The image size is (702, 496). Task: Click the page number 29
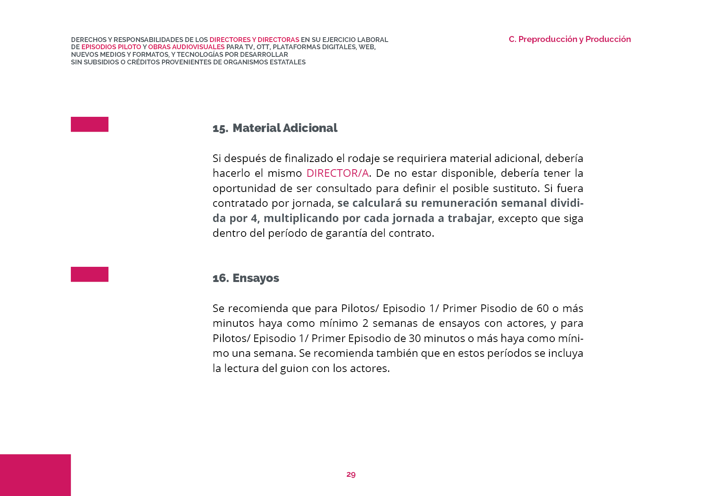pos(351,474)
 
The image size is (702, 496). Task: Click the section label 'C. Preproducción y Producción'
pos(570,39)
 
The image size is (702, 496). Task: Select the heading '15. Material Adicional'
pos(275,128)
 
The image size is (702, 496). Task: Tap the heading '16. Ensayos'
pos(246,278)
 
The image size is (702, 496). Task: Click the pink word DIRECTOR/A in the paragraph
pos(337,173)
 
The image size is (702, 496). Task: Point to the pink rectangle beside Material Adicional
pos(90,124)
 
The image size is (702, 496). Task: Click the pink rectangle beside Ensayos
pos(90,274)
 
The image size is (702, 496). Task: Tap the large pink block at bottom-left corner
pos(35,475)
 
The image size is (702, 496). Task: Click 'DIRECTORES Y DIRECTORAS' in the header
pos(254,40)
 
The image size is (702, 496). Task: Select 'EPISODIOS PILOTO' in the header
pos(111,47)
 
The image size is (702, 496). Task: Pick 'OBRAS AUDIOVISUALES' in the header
pos(187,47)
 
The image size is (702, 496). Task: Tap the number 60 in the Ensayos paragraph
pos(542,308)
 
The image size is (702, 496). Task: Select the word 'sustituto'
pos(517,188)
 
